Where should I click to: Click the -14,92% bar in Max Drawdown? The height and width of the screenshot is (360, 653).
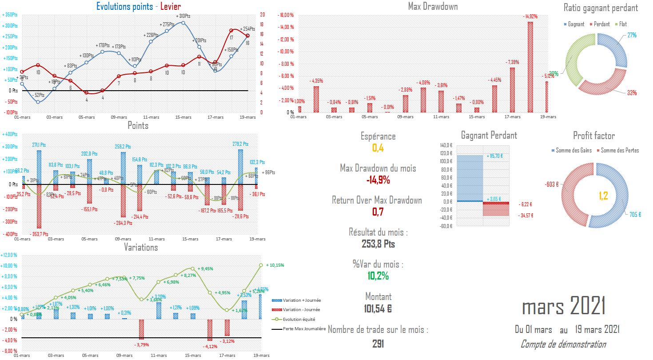coord(530,67)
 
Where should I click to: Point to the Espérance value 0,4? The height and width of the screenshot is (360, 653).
coord(378,148)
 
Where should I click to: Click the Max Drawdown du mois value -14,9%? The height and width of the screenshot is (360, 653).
coord(378,180)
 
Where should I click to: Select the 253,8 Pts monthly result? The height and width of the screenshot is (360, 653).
coord(378,244)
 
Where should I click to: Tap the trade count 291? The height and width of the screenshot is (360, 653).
coord(378,344)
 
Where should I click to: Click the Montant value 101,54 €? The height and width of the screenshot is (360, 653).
coord(378,308)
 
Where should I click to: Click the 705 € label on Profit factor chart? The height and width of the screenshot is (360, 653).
coord(635,215)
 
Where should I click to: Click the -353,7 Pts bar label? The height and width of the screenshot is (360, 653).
coord(39,234)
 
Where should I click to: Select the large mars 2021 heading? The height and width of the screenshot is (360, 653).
coord(564,307)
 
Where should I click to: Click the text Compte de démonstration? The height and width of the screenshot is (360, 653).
coord(563,344)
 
